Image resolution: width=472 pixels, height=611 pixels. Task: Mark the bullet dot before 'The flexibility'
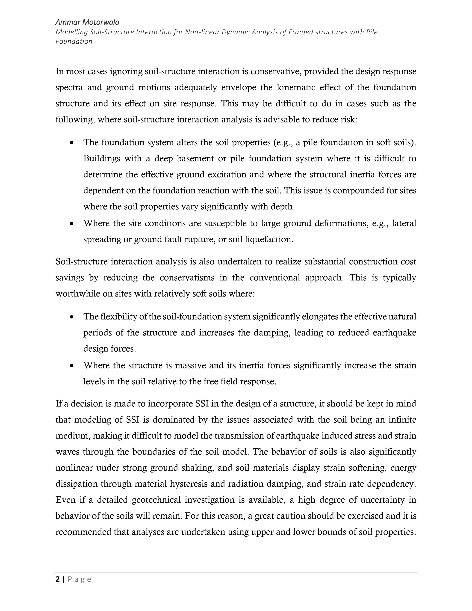pyautogui.click(x=72, y=317)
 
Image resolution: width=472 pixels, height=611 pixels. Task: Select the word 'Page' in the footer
pyautogui.click(x=80, y=579)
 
